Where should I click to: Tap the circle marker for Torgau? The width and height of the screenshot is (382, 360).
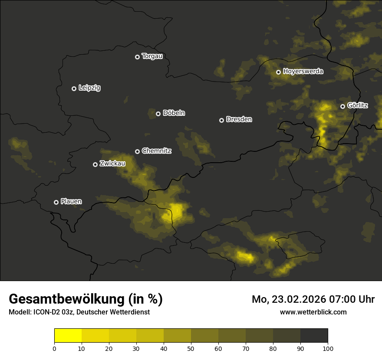pyautogui.click(x=137, y=57)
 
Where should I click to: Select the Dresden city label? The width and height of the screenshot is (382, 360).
pyautogui.click(x=239, y=119)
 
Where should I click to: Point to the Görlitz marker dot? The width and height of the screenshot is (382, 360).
pyautogui.click(x=342, y=106)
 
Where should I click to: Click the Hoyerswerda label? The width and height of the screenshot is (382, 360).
pyautogui.click(x=303, y=72)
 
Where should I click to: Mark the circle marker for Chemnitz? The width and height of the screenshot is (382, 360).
pyautogui.click(x=137, y=151)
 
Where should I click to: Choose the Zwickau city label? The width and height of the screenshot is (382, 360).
pyautogui.click(x=112, y=164)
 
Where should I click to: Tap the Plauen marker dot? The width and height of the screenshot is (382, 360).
pyautogui.click(x=56, y=202)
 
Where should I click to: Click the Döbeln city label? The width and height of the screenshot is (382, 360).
pyautogui.click(x=174, y=113)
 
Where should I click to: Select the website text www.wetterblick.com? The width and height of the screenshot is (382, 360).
pyautogui.click(x=313, y=312)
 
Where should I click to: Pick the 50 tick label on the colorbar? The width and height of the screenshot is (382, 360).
pyautogui.click(x=191, y=348)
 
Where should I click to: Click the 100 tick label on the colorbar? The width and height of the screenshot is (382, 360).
pyautogui.click(x=328, y=348)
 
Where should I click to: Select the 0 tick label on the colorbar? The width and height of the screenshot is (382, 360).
pyautogui.click(x=54, y=348)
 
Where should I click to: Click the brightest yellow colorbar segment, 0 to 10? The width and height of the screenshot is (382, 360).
pyautogui.click(x=68, y=336)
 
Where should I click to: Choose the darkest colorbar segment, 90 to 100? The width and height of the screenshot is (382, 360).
pyautogui.click(x=314, y=336)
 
